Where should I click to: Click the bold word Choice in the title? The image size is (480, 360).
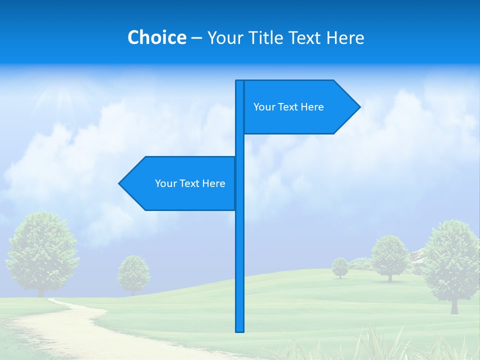point(156,37)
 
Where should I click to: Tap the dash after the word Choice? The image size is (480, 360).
point(196,38)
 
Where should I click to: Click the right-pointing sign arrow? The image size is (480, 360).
point(300,107)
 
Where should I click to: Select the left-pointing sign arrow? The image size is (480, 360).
point(180,183)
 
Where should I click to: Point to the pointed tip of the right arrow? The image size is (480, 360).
point(359,106)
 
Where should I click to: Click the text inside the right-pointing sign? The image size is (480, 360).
point(288,107)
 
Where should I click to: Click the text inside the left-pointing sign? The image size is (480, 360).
point(190,183)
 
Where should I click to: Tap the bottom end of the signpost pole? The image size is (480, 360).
point(240,330)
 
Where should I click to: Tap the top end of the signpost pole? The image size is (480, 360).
point(240,82)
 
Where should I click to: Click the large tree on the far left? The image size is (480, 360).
point(42,250)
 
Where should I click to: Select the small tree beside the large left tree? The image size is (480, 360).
point(133,272)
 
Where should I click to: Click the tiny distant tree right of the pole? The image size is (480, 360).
point(340,266)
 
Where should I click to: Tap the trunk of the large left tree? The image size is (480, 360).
point(41,292)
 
